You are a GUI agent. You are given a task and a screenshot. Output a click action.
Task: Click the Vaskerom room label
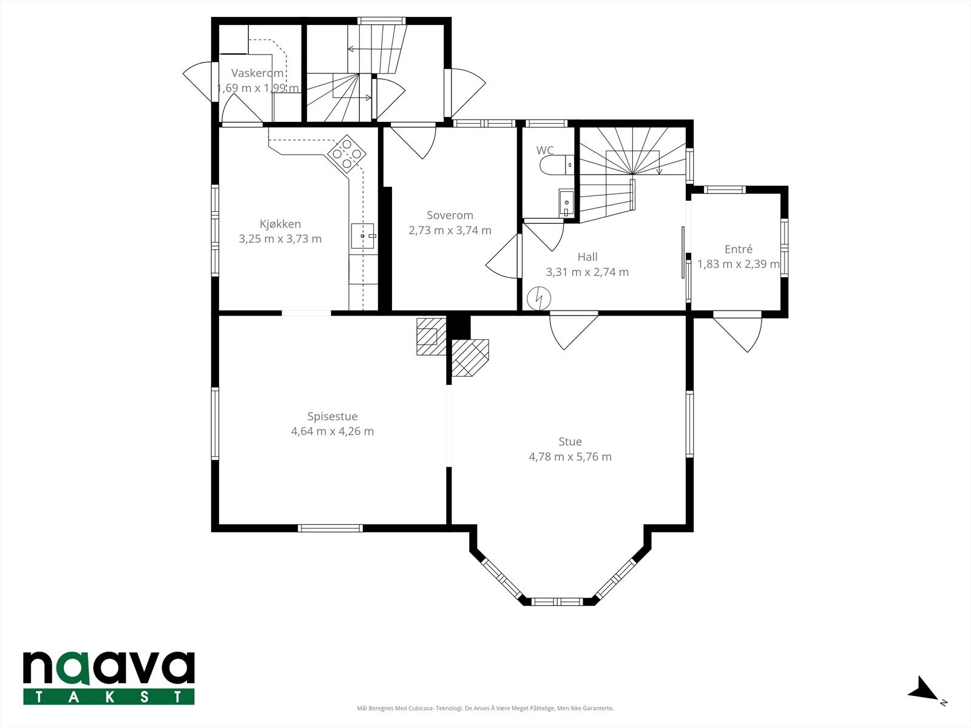pyautogui.click(x=257, y=73)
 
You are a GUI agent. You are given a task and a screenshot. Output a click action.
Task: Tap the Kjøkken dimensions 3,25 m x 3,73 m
pyautogui.click(x=280, y=238)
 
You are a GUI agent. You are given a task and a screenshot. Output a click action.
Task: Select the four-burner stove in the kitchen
pyautogui.click(x=347, y=153)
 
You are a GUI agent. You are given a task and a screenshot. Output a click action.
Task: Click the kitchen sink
pyautogui.click(x=363, y=236)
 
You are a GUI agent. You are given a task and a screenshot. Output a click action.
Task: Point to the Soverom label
pyautogui.click(x=450, y=215)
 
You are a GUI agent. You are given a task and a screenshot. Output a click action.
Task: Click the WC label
pyautogui.click(x=544, y=150)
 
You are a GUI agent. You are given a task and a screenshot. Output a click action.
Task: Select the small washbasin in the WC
pyautogui.click(x=566, y=203)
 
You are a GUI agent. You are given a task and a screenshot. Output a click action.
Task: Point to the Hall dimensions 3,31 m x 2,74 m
pyautogui.click(x=587, y=272)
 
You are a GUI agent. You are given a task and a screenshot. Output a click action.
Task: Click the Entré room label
pyautogui.click(x=739, y=249)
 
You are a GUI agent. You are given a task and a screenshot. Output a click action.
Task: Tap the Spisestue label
pyautogui.click(x=332, y=416)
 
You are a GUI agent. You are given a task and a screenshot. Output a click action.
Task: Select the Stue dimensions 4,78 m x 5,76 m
pyautogui.click(x=570, y=457)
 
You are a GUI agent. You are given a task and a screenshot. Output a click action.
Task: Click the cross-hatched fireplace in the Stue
pyautogui.click(x=470, y=357)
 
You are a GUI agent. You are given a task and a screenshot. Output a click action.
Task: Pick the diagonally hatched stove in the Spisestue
pyautogui.click(x=431, y=336)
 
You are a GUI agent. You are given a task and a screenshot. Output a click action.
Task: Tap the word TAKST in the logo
pyautogui.click(x=109, y=697)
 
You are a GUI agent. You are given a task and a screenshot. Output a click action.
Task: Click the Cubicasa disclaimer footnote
pyautogui.click(x=486, y=708)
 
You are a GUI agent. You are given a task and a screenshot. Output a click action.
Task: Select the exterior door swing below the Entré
pyautogui.click(x=737, y=332)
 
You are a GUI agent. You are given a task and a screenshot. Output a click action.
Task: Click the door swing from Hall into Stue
pyautogui.click(x=573, y=331)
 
